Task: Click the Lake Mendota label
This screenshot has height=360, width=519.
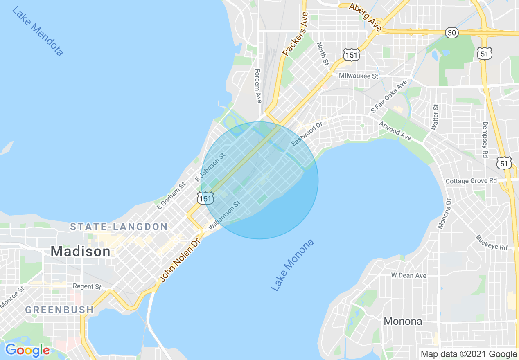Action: point(37,32)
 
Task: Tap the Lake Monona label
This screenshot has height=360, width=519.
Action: point(293,265)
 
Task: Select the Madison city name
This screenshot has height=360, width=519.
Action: point(81,251)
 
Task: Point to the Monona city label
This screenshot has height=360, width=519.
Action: point(403,321)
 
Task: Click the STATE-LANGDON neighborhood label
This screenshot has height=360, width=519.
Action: point(119,227)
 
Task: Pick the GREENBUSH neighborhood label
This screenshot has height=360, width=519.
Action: point(60,310)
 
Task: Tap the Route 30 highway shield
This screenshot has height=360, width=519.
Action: point(452,33)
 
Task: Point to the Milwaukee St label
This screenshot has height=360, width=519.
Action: point(359,76)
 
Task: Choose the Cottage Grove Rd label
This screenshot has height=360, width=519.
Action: point(471,181)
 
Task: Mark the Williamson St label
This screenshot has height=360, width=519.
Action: point(224,214)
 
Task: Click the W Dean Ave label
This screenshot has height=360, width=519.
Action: point(408,275)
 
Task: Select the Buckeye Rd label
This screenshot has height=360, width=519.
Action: point(492,243)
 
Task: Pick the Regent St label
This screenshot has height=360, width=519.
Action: point(87,286)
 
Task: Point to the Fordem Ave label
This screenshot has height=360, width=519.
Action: point(258,85)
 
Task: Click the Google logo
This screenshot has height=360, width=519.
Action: point(27,350)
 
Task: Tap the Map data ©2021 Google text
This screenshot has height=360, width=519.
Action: point(469,354)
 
